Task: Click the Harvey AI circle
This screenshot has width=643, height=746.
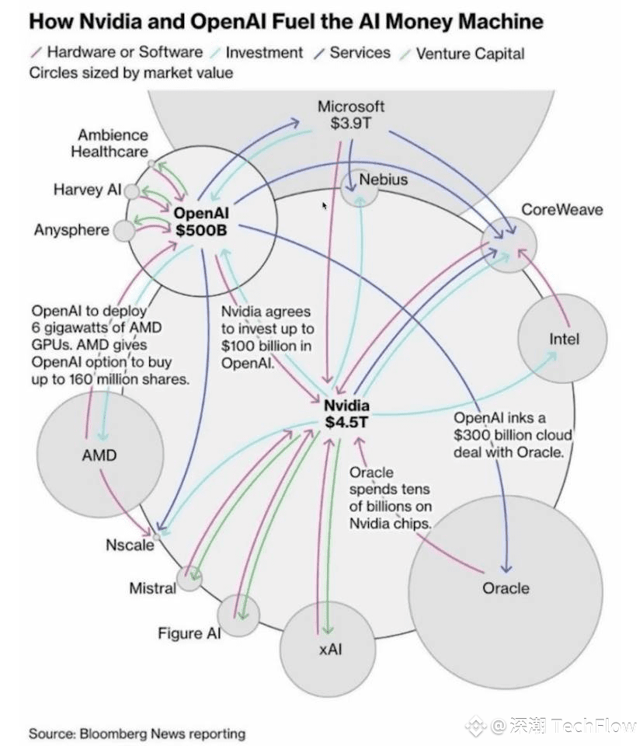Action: [132, 191]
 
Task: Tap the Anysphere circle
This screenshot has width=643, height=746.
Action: [123, 231]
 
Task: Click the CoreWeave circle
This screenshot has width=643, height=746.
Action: [509, 243]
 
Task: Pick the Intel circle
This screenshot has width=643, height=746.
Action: [563, 340]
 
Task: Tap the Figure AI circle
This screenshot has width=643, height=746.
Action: [239, 615]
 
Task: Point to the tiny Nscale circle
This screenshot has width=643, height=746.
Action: [157, 536]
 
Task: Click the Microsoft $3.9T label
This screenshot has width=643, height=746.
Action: [351, 114]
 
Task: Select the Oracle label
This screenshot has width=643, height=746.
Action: [506, 587]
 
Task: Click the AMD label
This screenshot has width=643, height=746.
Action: [99, 455]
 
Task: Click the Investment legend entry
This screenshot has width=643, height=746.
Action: [263, 53]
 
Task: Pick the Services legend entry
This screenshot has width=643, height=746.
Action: [360, 53]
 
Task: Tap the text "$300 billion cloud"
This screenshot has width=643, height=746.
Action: [513, 434]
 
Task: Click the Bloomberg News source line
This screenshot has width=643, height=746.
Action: [137, 733]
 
